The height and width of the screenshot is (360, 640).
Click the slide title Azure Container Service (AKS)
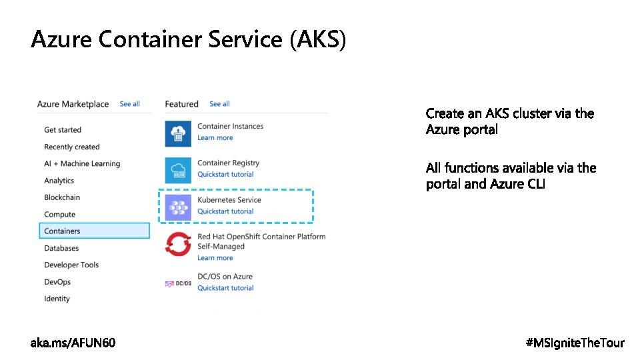click(x=189, y=40)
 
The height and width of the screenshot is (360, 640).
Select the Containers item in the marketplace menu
click(x=62, y=231)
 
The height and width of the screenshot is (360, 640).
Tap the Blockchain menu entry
click(x=62, y=197)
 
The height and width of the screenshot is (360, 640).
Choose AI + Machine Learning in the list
click(x=82, y=164)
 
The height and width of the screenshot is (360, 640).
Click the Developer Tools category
click(x=71, y=265)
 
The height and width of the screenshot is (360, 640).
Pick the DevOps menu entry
click(x=57, y=282)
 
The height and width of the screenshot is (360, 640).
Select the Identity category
click(x=57, y=299)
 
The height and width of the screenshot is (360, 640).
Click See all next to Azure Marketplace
click(x=129, y=104)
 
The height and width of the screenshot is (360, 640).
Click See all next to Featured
click(x=219, y=104)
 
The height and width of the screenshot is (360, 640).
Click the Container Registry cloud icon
click(x=178, y=169)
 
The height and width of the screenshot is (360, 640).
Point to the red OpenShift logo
click(x=178, y=245)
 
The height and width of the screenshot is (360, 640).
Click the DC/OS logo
click(x=178, y=283)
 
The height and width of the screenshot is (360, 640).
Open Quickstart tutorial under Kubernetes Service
click(x=225, y=211)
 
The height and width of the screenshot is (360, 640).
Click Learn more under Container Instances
click(x=215, y=138)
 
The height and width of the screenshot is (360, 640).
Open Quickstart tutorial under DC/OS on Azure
click(x=225, y=288)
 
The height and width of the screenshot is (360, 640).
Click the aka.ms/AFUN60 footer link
click(x=73, y=343)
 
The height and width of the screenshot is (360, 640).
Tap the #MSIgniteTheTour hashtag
click(x=575, y=343)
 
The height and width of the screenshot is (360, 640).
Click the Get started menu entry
click(x=63, y=130)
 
